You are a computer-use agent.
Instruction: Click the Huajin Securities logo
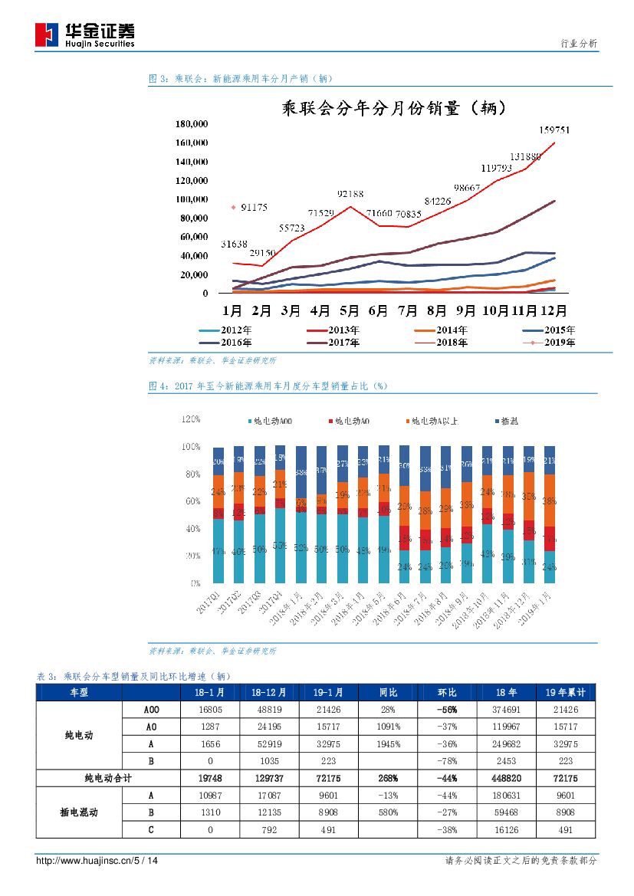pos(85,34)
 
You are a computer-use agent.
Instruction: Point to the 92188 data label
pos(347,194)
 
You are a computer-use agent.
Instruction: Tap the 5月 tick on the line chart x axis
pos(349,311)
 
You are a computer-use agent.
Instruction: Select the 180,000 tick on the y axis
pos(192,124)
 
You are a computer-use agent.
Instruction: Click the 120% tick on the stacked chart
pos(191,419)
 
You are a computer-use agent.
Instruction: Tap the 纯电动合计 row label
pos(108,779)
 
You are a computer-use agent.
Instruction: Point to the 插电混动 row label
pos(79,813)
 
